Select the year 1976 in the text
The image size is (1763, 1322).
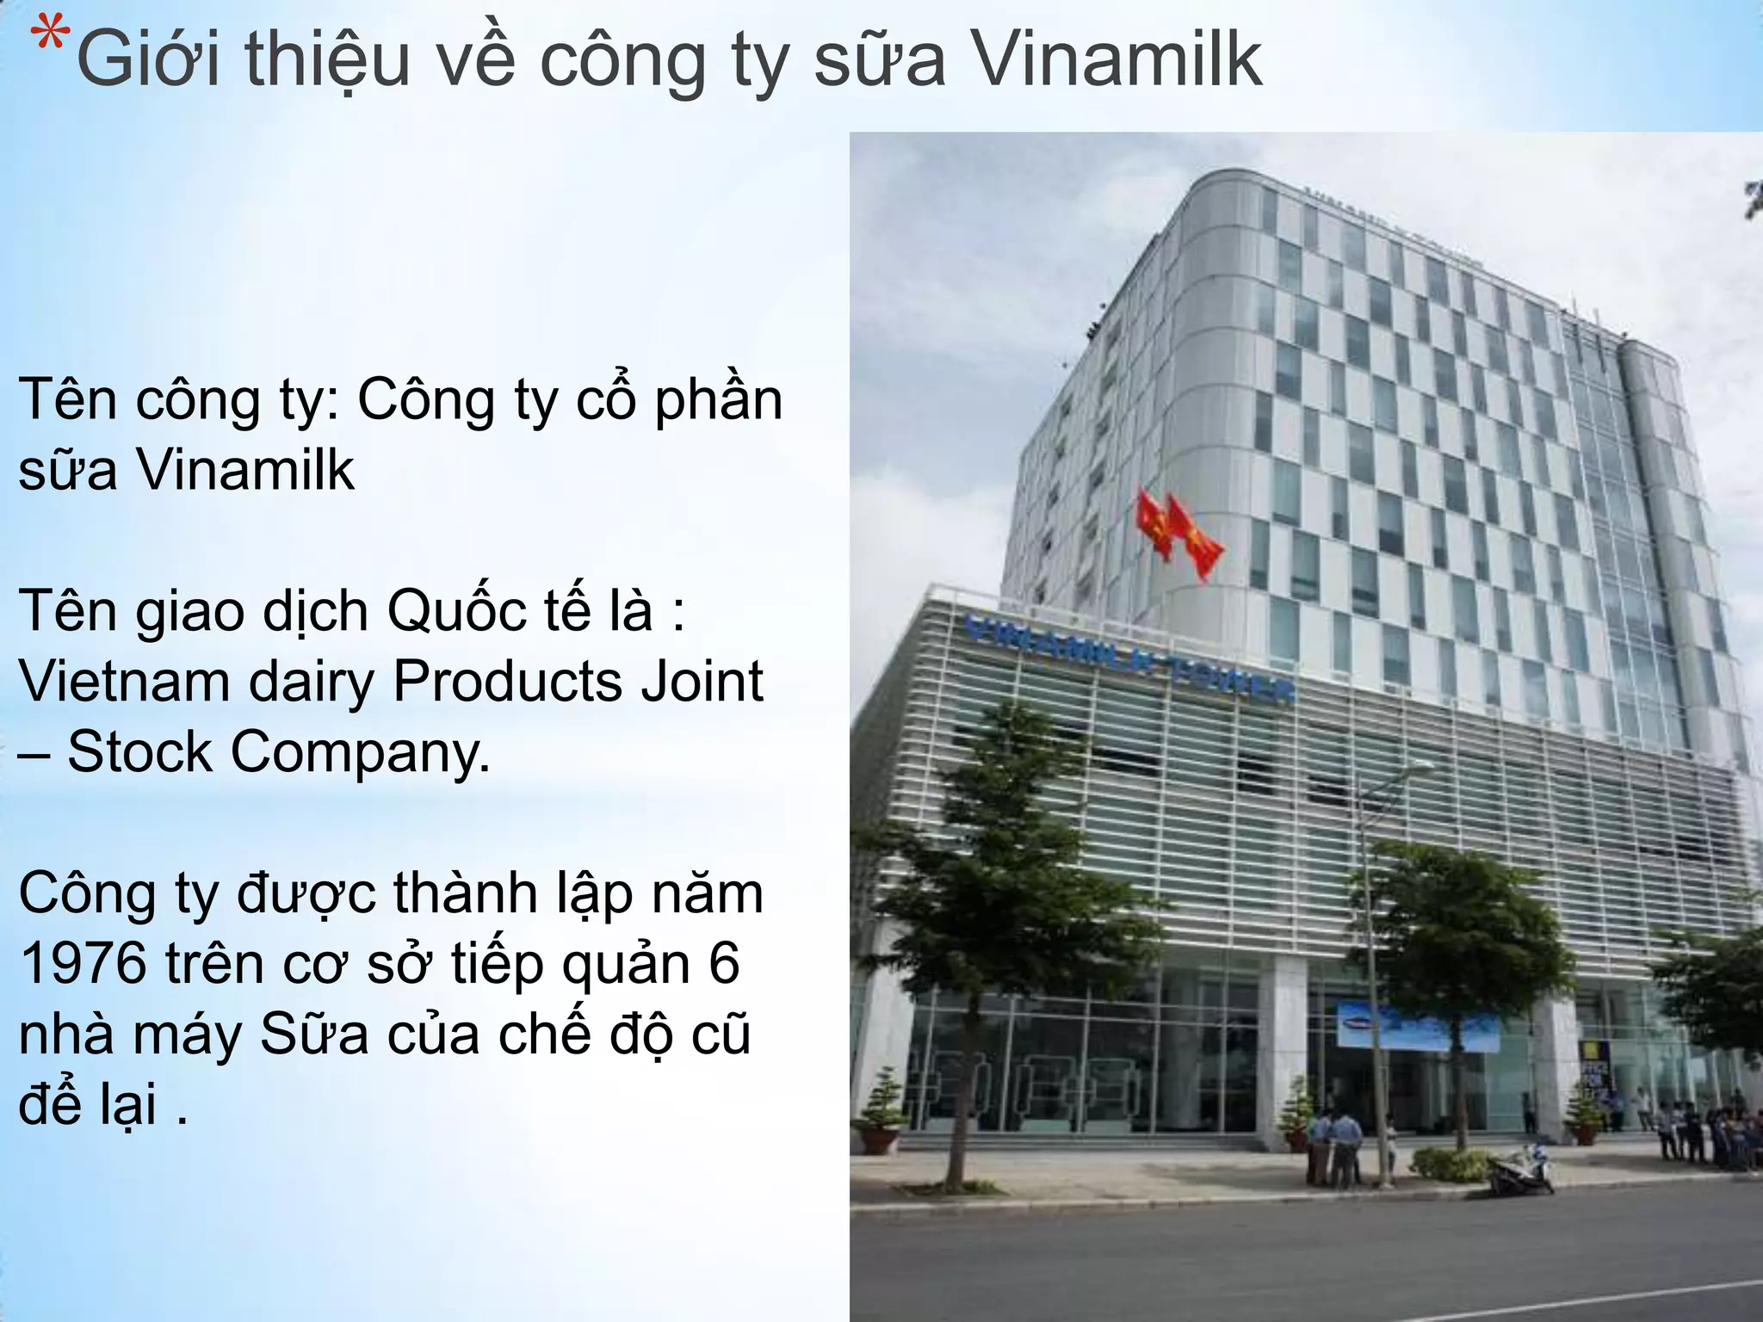82,964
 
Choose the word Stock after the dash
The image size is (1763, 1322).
139,752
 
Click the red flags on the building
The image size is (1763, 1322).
1179,534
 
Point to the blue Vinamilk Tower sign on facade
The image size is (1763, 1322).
1128,658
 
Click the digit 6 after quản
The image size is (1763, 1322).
724,964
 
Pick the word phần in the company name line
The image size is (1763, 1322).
718,401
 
